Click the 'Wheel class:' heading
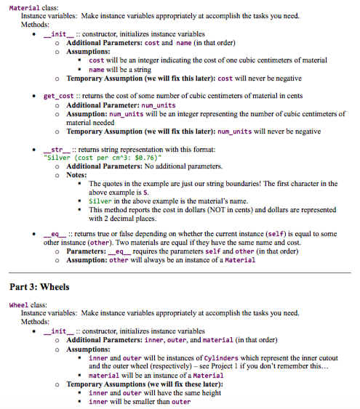[27, 305]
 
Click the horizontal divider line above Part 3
[180, 272]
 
